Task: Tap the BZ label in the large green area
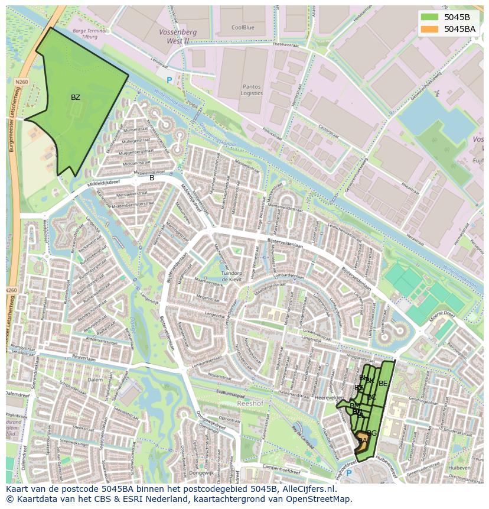tap(76, 98)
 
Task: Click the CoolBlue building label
tap(243, 27)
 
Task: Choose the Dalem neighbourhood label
tap(94, 380)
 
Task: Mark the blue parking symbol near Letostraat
tap(169, 80)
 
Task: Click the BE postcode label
tap(383, 384)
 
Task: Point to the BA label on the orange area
tap(363, 441)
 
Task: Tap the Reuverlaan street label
tap(83, 356)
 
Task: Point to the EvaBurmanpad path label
tap(230, 392)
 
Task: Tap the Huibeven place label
tap(459, 467)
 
